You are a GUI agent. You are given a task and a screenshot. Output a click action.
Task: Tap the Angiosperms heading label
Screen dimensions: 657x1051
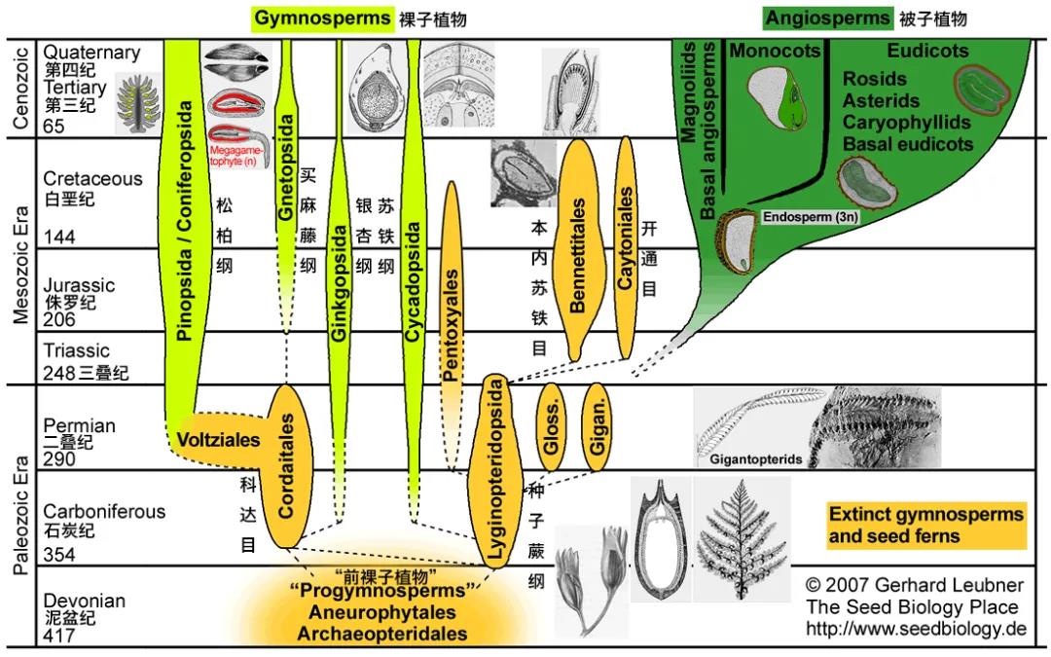point(827,18)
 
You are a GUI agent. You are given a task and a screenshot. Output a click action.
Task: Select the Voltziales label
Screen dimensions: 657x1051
point(219,440)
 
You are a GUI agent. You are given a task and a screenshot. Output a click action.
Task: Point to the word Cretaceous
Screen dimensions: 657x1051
point(92,179)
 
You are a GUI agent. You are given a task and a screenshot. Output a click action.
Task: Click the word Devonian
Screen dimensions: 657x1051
point(85,601)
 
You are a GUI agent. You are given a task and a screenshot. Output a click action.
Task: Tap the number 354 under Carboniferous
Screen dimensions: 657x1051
point(59,555)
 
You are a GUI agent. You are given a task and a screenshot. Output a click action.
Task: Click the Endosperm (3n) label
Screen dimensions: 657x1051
point(810,218)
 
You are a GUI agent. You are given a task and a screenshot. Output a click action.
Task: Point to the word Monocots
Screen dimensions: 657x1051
point(775,50)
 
